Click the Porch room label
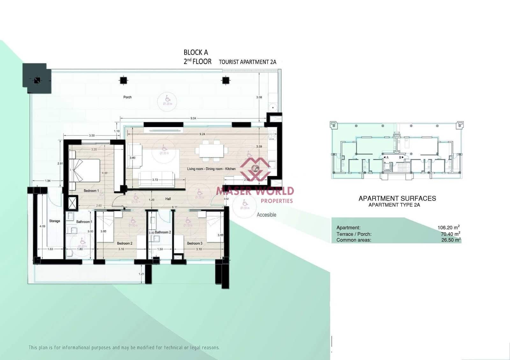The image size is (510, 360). coord(127,97)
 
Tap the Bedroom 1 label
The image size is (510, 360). coord(91,191)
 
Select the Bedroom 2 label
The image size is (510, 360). coord(125,243)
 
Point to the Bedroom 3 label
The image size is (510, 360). coord(194,243)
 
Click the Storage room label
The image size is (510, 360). coord(55,221)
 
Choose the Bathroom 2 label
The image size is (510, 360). coord(163,232)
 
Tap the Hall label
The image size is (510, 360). coord(168,199)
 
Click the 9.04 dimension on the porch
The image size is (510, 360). coord(193,118)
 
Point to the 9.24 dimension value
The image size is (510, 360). coord(202,134)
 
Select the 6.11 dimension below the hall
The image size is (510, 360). coord(175,207)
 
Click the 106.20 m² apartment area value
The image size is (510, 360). coord(448,227)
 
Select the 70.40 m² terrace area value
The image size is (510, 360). coord(450,234)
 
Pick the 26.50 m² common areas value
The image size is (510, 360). coord(450,240)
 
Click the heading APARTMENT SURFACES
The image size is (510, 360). coord(397,198)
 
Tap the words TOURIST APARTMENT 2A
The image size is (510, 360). coord(247,62)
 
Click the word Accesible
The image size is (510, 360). coord(266,215)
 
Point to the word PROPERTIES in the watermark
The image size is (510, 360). coord(277,201)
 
